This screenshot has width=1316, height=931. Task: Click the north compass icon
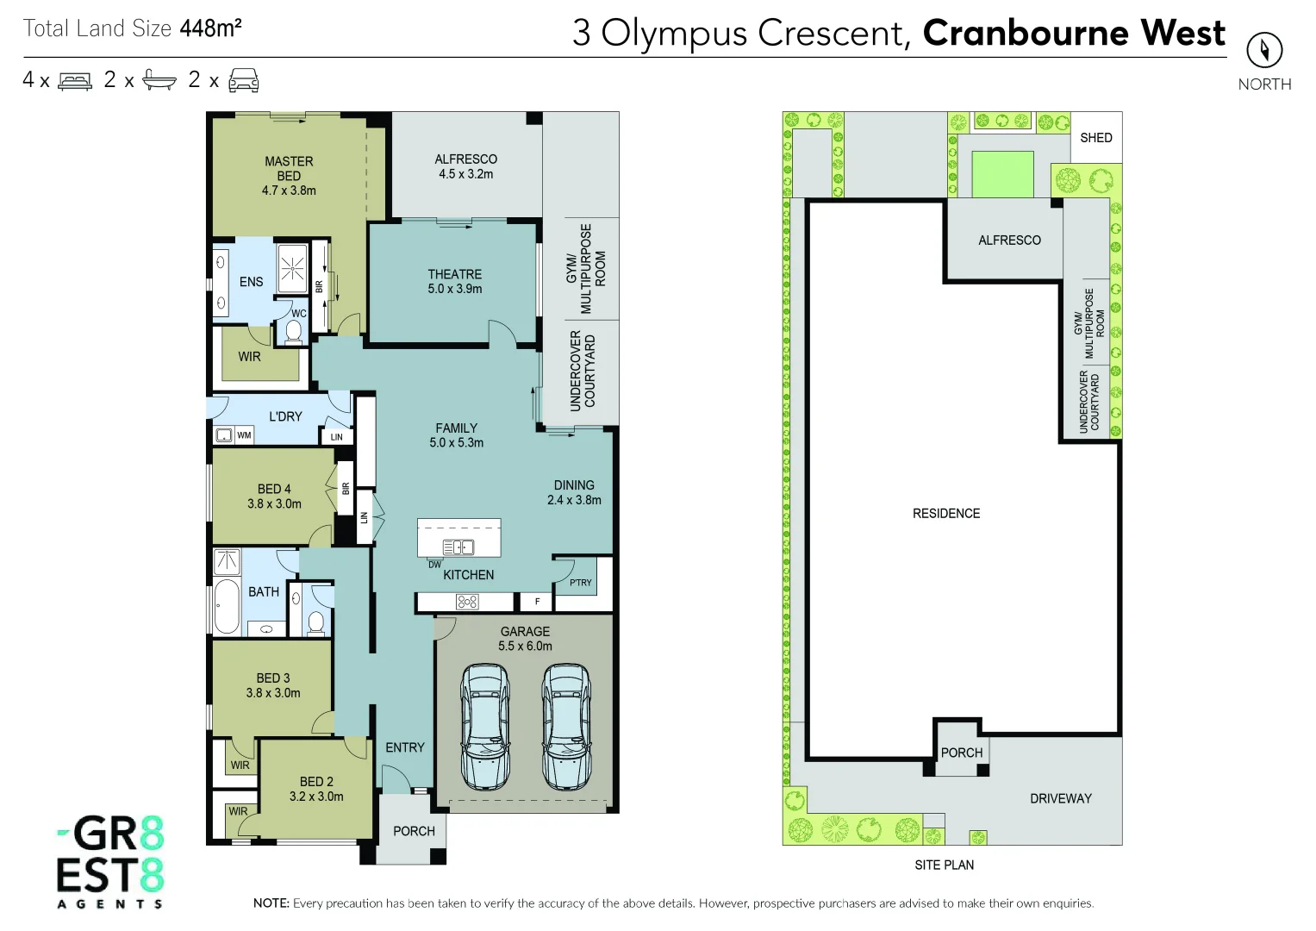(1263, 50)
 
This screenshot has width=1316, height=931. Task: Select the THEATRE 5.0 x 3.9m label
(454, 282)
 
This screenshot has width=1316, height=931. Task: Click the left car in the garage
(485, 726)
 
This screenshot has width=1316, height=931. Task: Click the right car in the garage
(566, 726)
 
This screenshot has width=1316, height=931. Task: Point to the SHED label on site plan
(1095, 138)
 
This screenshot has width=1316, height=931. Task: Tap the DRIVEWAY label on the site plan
(1060, 799)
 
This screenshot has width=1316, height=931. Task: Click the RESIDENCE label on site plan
(946, 514)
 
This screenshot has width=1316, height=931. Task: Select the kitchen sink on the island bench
(458, 547)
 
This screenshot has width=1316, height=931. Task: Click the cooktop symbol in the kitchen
(467, 603)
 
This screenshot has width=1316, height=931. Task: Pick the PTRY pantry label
(580, 583)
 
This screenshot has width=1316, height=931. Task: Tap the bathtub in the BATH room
(227, 607)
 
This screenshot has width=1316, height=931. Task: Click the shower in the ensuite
(292, 269)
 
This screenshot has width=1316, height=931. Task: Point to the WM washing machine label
(244, 435)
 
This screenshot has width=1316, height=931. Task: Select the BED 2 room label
(316, 789)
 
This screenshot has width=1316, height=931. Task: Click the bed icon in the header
(75, 81)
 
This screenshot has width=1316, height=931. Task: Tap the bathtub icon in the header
(159, 80)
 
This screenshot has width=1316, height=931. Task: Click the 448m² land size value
(210, 28)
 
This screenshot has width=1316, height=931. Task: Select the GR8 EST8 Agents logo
(110, 862)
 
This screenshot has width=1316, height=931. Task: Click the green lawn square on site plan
(1002, 174)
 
